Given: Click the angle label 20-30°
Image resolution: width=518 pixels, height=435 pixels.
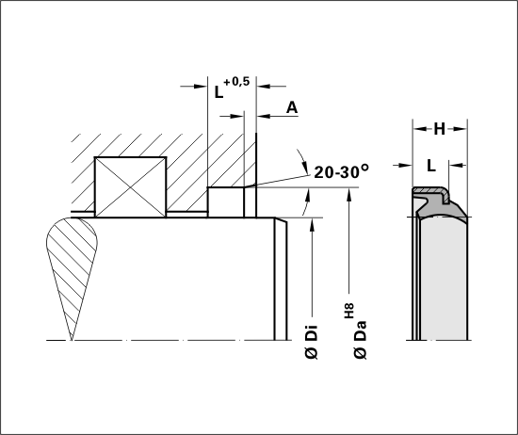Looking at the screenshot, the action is [341, 171].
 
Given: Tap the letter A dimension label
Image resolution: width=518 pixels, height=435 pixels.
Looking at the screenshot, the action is [292, 107].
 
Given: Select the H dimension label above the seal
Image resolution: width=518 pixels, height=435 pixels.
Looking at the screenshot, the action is [440, 129].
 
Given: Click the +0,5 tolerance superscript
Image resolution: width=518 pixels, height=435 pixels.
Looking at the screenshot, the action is [236, 82].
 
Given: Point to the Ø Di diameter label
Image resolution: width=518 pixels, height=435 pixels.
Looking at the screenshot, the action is [312, 342].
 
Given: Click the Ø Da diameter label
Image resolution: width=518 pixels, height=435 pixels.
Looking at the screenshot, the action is [360, 340].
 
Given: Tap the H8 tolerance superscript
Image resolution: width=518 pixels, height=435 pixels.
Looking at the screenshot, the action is [349, 311].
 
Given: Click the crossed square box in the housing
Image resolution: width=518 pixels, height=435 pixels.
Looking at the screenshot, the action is [131, 187].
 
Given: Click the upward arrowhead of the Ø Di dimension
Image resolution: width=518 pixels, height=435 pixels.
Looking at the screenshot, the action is [312, 223].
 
